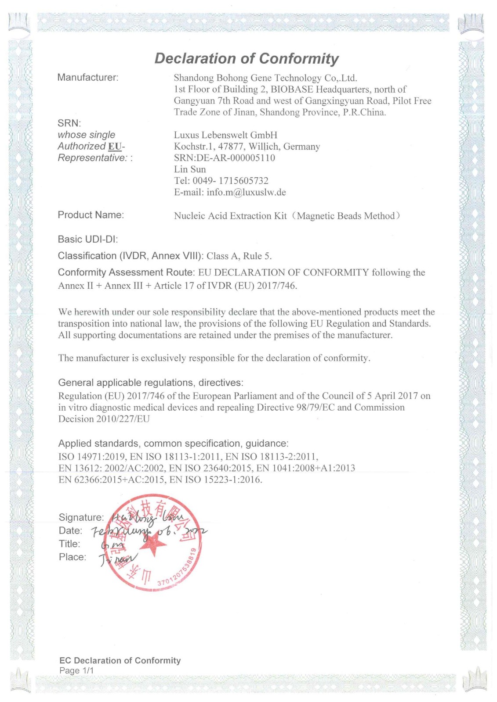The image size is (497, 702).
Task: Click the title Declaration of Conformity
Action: coord(247,58)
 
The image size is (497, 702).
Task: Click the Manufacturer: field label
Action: coord(88,78)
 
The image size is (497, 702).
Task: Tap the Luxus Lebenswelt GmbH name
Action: coord(225,135)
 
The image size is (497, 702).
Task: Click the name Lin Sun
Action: coord(190,169)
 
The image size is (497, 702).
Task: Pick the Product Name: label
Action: coord(91,215)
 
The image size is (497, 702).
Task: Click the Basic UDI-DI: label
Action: coord(88,239)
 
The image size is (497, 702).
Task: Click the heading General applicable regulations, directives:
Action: coord(151,383)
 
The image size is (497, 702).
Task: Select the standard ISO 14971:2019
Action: coord(92,457)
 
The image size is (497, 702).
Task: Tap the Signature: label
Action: coord(81,518)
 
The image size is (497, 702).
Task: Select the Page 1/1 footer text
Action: coord(76,670)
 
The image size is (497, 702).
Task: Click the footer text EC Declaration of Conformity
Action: coord(120,660)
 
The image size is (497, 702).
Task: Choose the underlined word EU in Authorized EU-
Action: coord(115,147)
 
